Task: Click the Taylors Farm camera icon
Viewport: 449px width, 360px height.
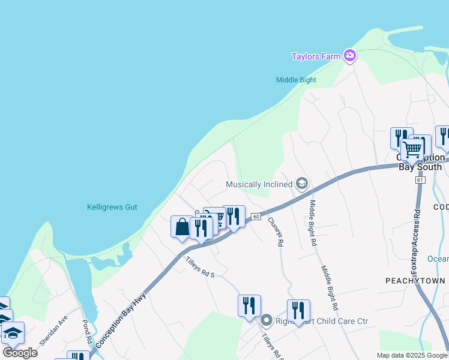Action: [350, 56]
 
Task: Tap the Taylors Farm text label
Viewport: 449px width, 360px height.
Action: [316, 57]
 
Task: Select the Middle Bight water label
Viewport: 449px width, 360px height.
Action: [296, 80]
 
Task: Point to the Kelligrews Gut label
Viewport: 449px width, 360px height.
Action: [112, 207]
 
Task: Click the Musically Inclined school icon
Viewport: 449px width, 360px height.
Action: [302, 184]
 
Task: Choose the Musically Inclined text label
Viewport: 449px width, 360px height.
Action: [259, 184]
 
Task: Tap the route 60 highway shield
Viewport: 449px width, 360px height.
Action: [256, 217]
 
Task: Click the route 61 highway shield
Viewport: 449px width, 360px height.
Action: [419, 180]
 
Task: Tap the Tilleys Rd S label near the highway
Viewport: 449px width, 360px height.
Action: [199, 267]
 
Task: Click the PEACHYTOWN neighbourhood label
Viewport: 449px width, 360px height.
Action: [415, 281]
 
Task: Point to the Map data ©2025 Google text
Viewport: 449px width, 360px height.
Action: [412, 355]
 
